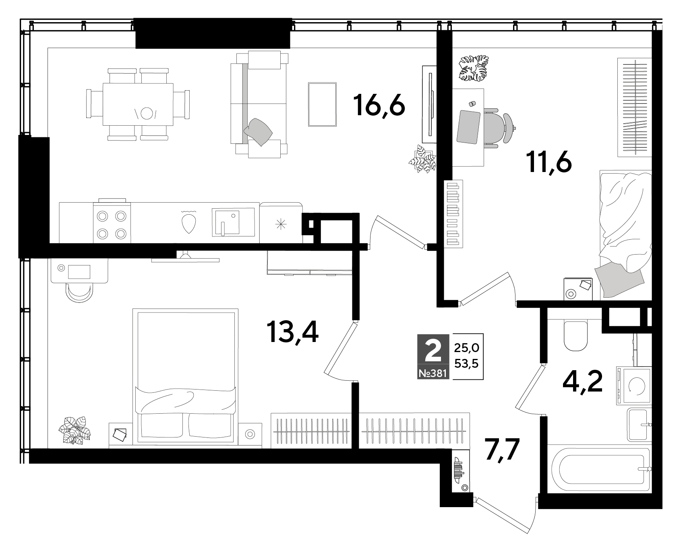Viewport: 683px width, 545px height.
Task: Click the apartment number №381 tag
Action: [x=433, y=373]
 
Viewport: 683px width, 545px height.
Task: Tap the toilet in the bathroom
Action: [x=576, y=334]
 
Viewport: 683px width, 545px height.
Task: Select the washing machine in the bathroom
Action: [x=633, y=385]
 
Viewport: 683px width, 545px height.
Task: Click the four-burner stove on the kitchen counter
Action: [x=112, y=223]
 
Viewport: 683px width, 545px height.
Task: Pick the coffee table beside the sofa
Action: [x=322, y=104]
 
